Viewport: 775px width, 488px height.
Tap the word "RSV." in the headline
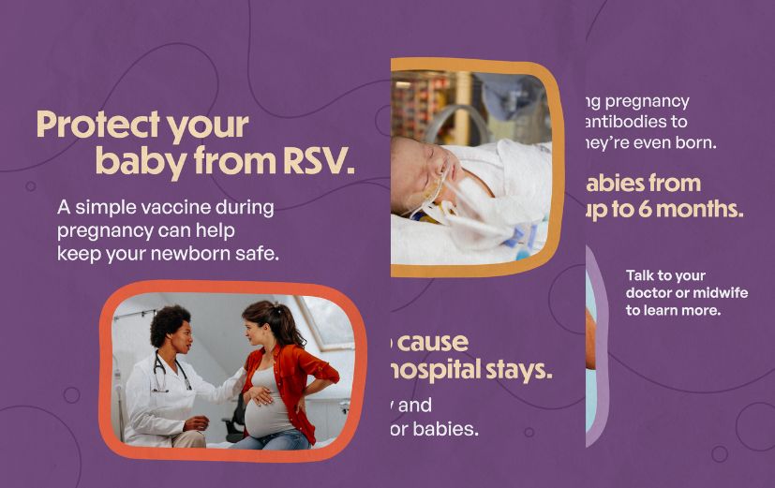pyautogui.click(x=319, y=162)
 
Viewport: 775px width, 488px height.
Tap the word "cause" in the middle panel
pyautogui.click(x=431, y=342)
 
